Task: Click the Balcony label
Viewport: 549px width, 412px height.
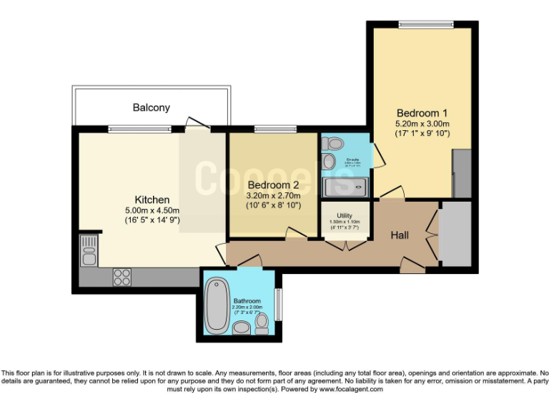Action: pos(152,107)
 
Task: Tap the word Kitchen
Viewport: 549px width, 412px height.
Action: pos(152,199)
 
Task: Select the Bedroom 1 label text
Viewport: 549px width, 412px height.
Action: pos(422,112)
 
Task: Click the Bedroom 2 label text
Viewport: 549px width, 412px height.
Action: pos(273,185)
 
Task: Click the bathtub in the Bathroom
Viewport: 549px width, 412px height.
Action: pos(215,305)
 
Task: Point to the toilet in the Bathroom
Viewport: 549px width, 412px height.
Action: pos(262,323)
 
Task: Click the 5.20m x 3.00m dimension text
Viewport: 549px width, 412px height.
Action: pos(422,123)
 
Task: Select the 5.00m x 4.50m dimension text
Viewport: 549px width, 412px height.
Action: pos(152,210)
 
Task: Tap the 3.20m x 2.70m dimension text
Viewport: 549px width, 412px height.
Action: pos(273,195)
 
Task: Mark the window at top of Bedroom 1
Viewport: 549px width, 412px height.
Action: pos(426,25)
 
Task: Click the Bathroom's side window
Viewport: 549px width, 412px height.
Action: pos(278,304)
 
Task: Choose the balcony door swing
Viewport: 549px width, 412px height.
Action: pos(194,123)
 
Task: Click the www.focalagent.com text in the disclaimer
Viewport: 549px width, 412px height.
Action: pos(350,390)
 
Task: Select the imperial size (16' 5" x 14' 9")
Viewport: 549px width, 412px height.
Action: pos(152,220)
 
